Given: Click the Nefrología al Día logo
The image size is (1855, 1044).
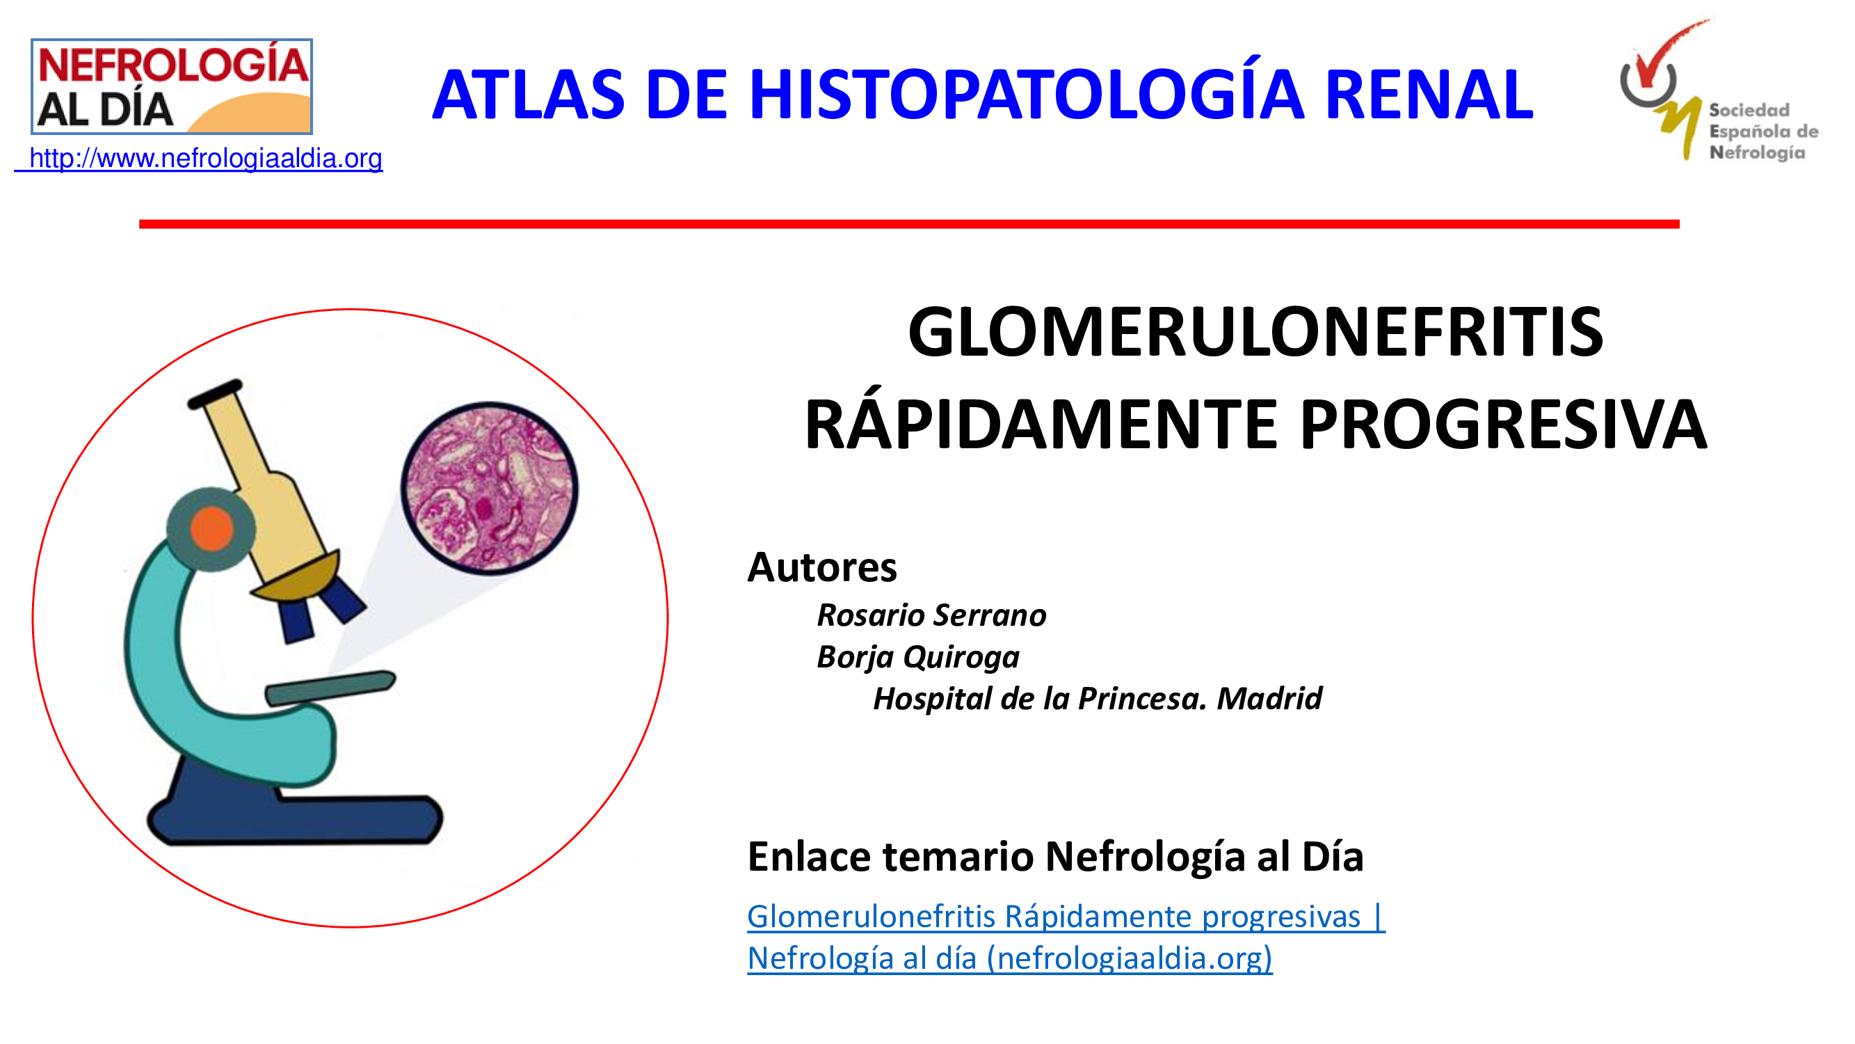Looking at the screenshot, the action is (x=171, y=86).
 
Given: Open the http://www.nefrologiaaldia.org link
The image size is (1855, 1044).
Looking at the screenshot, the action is (x=199, y=159).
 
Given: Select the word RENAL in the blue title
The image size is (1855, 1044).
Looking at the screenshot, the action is (x=1429, y=95).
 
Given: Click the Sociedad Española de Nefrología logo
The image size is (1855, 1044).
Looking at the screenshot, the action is (x=1718, y=90).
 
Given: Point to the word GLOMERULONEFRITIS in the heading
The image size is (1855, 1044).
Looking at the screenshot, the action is (x=1255, y=331).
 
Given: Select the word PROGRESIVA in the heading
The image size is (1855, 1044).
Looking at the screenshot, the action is (x=1503, y=425).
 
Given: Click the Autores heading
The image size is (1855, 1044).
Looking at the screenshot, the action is (x=822, y=567).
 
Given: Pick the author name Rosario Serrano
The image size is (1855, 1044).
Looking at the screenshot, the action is (x=931, y=615).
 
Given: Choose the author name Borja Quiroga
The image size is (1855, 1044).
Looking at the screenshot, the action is (x=918, y=658).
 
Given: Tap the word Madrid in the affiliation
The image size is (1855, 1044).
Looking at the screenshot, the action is (x=1269, y=698).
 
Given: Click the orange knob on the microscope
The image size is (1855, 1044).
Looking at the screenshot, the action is (x=211, y=528).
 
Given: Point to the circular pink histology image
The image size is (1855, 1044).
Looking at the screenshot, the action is (x=490, y=488).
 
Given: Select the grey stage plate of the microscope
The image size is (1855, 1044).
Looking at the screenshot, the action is (x=330, y=688).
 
